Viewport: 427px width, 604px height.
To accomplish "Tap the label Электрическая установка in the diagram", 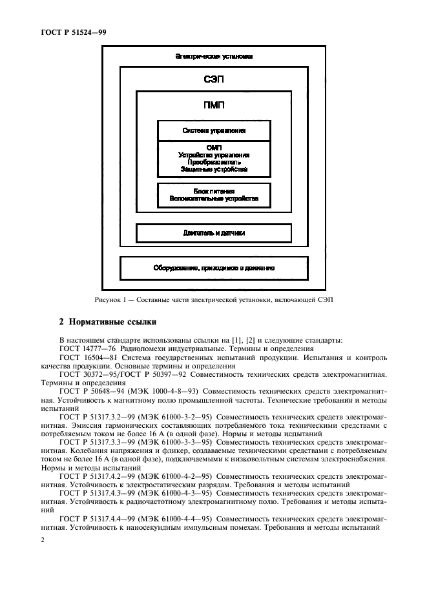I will pos(214,57).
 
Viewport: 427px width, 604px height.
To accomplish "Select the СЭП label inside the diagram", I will pos(214,80).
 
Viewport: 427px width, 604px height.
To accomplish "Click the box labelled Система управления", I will pos(214,130).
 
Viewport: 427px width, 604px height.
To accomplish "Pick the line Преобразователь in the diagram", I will pos(214,163).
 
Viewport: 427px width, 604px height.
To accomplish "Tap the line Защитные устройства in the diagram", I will pos(214,170).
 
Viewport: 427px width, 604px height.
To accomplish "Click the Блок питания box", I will pos(214,196).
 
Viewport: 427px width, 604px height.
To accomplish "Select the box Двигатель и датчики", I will pos(214,233).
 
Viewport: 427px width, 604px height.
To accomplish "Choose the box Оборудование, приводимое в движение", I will pos(214,267).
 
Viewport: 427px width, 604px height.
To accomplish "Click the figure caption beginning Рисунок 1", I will pos(214,299).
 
